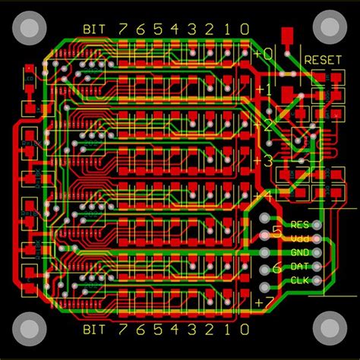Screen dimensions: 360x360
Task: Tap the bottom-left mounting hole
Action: pos(28,330)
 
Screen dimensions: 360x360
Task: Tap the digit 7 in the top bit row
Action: pos(123,29)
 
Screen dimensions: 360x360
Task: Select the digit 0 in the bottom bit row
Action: pos(244,330)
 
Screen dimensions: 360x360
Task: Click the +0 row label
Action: pos(263,54)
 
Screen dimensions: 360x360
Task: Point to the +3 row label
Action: pos(263,160)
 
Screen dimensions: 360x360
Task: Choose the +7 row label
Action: pos(263,302)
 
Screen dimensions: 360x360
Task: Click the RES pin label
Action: pos(300,225)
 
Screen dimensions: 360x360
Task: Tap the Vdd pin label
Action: pos(300,238)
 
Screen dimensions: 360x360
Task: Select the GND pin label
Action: pos(300,253)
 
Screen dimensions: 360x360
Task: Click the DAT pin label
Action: pos(300,267)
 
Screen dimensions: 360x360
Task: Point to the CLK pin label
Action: pos(300,282)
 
